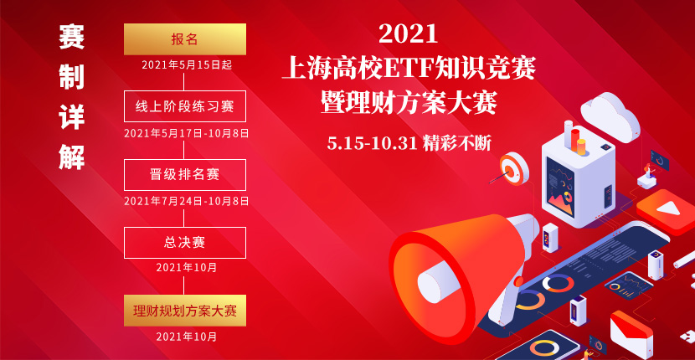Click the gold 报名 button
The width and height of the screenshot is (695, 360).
coord(185,39)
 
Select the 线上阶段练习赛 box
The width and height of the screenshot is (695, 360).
coord(185,106)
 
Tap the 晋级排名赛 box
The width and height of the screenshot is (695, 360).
coord(185,174)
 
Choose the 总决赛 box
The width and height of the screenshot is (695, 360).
coord(185,242)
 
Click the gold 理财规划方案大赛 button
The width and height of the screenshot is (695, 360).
coord(185,310)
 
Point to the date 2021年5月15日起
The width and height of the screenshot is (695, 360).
coord(185,64)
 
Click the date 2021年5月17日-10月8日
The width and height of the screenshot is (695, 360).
coord(186,132)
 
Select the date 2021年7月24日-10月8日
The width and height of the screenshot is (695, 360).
coord(186,201)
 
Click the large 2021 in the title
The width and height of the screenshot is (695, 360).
coord(408,33)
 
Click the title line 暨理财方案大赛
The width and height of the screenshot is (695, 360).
coord(409,103)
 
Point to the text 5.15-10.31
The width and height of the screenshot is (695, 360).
coord(372,142)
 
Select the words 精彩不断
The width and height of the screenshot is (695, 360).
coord(457,142)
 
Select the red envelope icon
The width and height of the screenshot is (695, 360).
coord(630,332)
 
